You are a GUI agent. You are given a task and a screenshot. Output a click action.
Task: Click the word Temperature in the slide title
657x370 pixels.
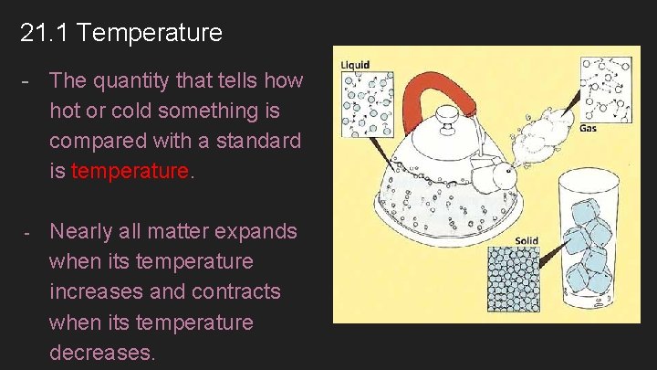point(150,34)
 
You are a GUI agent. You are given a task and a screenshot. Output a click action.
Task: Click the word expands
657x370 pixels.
point(254,231)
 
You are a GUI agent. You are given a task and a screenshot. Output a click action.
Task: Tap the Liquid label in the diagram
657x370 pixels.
point(356,65)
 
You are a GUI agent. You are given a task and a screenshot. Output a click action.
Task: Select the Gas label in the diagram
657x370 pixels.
point(589,129)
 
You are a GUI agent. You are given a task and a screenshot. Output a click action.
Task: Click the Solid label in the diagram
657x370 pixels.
point(527,241)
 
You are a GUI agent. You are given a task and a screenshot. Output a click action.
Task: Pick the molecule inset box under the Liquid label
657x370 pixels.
point(368,104)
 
